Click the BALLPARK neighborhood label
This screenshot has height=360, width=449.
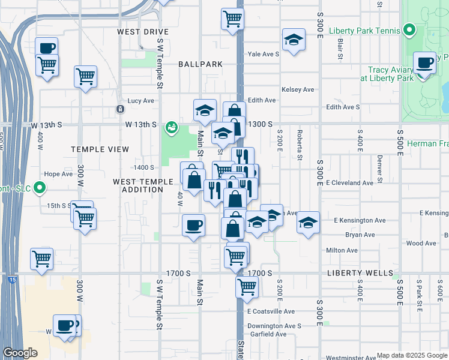[x=200, y=64]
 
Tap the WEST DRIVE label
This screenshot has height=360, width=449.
[x=143, y=32]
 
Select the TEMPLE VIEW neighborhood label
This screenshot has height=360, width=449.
[x=100, y=149]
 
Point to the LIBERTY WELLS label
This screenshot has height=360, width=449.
[x=360, y=273]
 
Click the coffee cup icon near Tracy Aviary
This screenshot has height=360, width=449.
[x=425, y=62]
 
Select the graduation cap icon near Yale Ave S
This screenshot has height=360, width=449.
[x=293, y=40]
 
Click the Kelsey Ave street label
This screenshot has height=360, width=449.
[x=298, y=89]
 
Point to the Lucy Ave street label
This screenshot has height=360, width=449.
[x=141, y=101]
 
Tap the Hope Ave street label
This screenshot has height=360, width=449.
[x=58, y=174]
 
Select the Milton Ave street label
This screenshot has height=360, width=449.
[x=342, y=250]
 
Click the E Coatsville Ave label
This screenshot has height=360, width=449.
[x=271, y=311]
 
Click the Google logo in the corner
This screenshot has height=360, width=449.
[x=20, y=353]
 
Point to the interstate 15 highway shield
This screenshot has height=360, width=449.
[x=13, y=279]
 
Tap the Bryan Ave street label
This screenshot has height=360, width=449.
[x=360, y=235]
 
